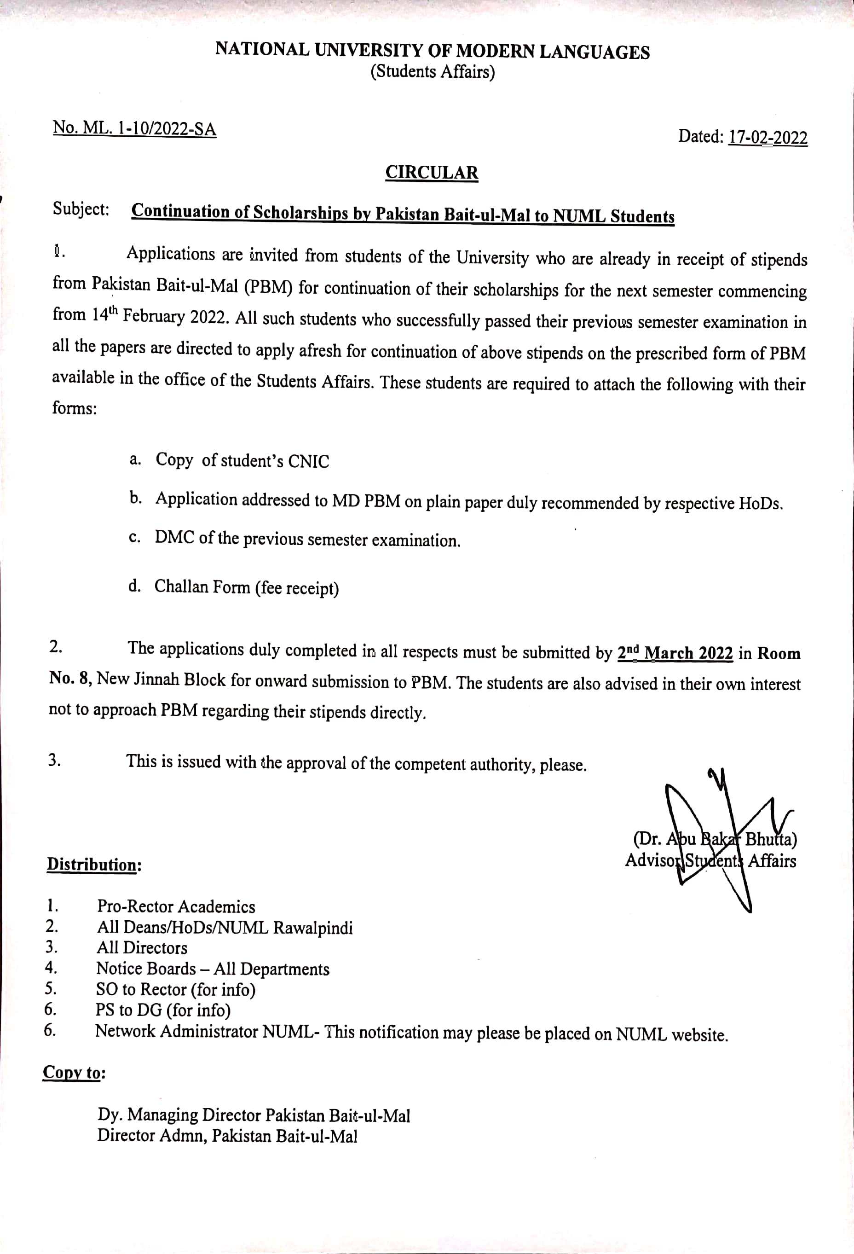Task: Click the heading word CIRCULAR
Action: (x=432, y=173)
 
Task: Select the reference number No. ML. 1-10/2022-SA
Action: (x=134, y=129)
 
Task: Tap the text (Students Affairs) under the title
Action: (x=432, y=72)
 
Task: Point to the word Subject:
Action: (x=81, y=209)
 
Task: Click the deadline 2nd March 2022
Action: (x=675, y=653)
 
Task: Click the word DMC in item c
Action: (x=174, y=537)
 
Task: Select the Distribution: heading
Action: (x=94, y=865)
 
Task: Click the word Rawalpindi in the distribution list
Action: (x=313, y=928)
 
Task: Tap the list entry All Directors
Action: (x=142, y=948)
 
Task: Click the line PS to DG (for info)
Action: (x=163, y=1010)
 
